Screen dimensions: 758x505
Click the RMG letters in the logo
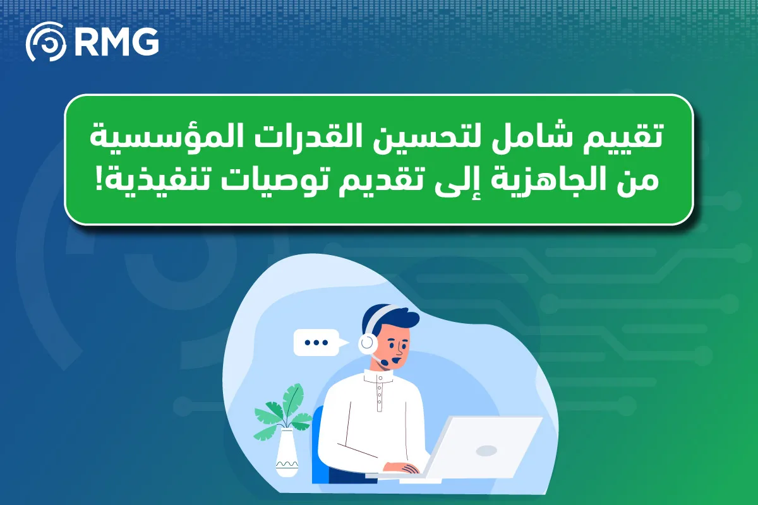117,42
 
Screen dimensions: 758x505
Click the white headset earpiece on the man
368,343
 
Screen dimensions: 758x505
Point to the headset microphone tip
384,362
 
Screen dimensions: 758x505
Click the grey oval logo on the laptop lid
486,451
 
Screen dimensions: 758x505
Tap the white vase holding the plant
287,453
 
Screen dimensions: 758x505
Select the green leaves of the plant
284,412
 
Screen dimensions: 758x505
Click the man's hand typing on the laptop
402,468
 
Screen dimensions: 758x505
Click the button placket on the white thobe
380,393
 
